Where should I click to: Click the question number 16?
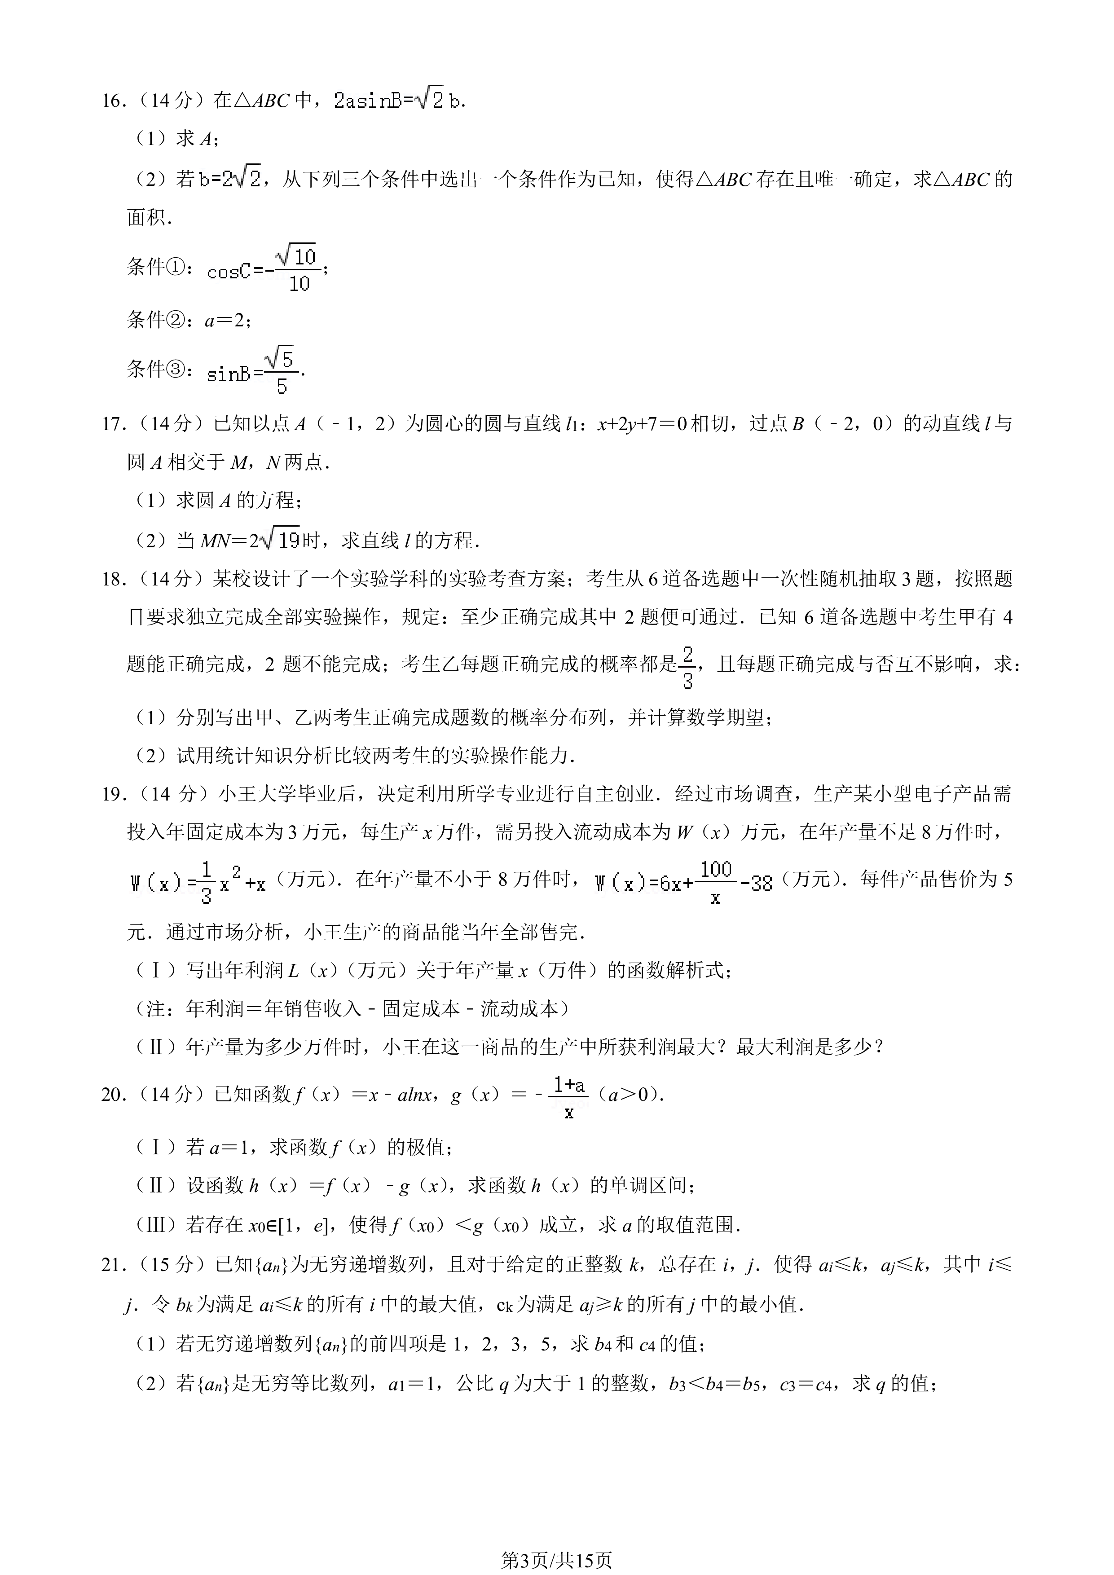pos(113,101)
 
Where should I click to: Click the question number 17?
pos(113,424)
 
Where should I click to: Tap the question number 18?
pos(113,580)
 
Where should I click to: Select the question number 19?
pos(113,794)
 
